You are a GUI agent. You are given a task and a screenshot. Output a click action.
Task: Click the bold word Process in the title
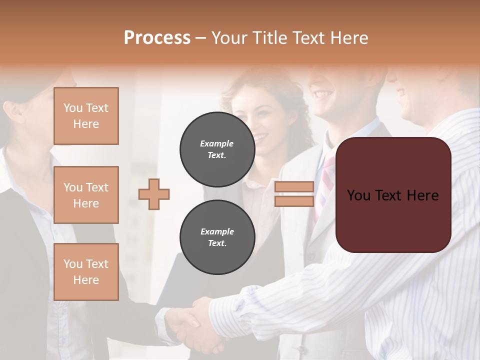click(157, 37)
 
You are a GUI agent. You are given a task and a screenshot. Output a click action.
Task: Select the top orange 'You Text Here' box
click(86, 116)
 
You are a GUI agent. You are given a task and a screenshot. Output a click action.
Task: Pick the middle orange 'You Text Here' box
click(86, 195)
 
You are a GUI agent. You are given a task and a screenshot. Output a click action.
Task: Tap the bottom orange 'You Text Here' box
click(86, 272)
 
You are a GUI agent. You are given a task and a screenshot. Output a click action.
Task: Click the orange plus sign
click(154, 194)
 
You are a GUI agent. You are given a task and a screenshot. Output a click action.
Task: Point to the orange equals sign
click(294, 194)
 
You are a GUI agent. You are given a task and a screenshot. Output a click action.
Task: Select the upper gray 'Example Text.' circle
click(217, 149)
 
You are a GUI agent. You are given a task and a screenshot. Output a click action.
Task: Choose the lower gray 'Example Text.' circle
click(217, 237)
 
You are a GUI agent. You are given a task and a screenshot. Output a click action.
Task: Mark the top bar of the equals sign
click(294, 187)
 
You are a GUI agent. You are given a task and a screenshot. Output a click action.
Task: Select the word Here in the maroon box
click(422, 195)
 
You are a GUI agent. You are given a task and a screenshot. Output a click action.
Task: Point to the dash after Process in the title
click(201, 38)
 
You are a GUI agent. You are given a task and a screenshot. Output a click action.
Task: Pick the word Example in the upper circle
click(217, 143)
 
